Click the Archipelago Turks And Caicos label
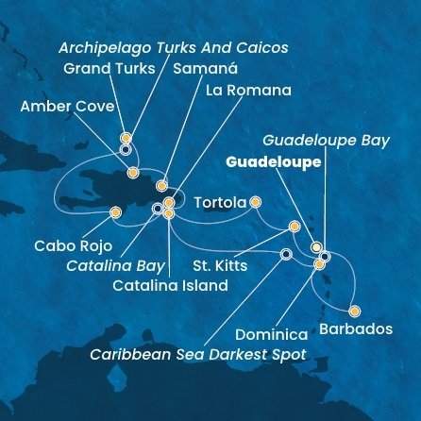tap(173, 46)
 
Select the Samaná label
tap(208, 69)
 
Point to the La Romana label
tap(248, 91)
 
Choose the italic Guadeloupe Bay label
tap(325, 140)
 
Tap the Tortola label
tap(219, 202)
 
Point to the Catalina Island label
tap(169, 285)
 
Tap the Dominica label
tap(272, 334)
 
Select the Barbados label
tap(355, 329)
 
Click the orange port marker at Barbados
tap(354, 311)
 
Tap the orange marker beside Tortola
tap(255, 201)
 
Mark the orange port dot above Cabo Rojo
tap(115, 212)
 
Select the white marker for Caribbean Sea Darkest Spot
tap(286, 253)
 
